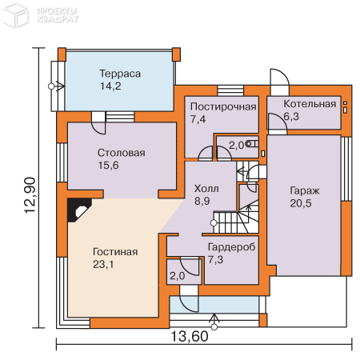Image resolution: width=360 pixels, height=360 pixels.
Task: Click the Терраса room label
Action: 120,74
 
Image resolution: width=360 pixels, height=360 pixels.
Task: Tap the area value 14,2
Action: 110,86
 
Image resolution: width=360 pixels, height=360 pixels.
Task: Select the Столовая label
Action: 122,153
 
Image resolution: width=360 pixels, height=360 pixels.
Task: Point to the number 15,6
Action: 108,166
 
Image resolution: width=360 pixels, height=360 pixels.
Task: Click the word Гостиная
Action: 115,252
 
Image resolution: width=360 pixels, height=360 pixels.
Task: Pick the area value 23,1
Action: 103,264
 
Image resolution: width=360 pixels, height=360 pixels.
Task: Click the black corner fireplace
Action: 79,210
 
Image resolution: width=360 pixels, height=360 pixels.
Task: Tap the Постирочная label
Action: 223,106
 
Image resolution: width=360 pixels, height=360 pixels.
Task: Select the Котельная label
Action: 310,104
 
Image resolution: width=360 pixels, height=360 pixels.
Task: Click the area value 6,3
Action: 291,116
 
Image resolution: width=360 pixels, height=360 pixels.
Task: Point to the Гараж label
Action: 305,191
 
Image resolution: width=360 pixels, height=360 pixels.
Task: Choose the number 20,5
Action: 301,203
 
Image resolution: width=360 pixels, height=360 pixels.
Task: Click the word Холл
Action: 206,189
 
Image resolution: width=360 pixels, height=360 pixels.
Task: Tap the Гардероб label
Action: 231,247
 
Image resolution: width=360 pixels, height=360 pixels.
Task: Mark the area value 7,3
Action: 215,259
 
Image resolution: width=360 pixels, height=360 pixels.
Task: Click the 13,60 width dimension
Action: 189,336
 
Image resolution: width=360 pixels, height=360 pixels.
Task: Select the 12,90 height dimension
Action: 30,195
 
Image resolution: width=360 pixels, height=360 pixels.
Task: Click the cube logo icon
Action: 15,15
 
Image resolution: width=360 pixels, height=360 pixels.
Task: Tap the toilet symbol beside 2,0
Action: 252,144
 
